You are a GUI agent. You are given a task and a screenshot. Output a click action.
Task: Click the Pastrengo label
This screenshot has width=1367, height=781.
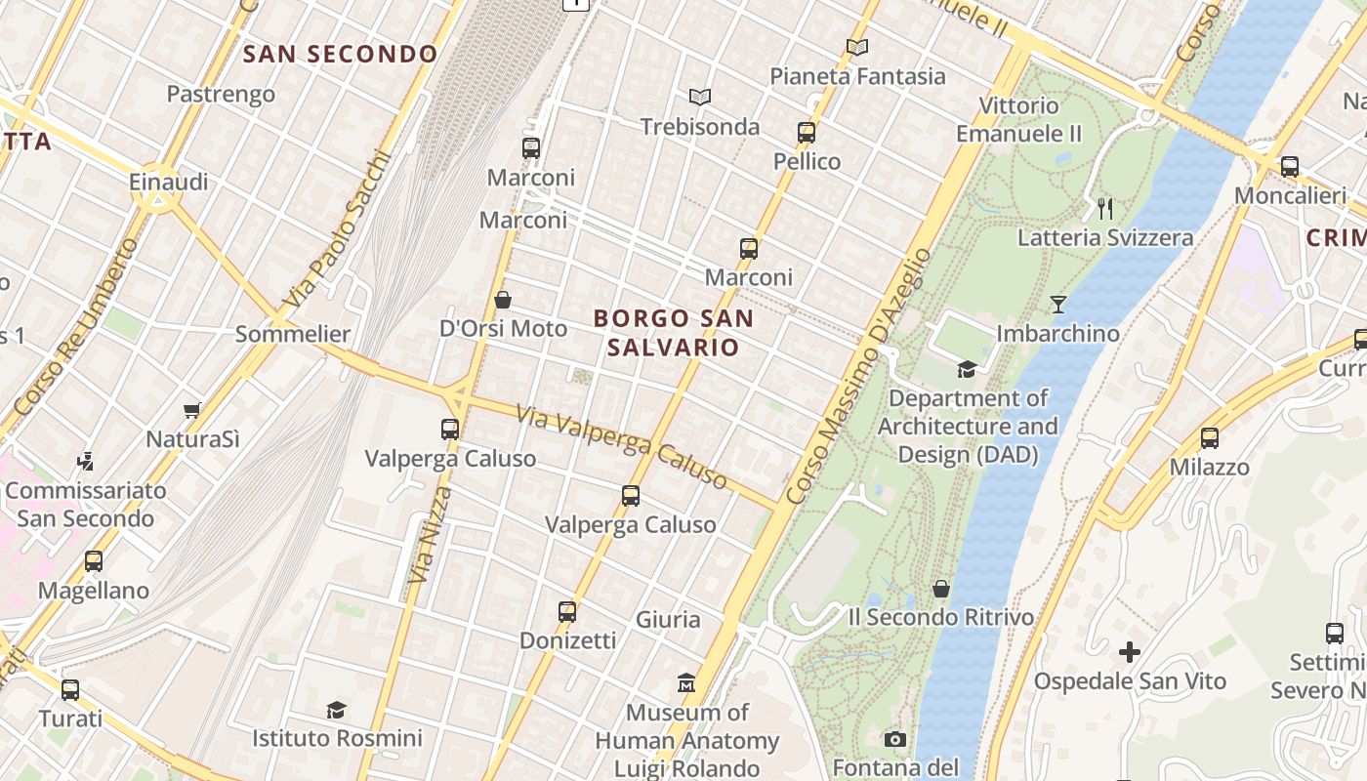(221, 95)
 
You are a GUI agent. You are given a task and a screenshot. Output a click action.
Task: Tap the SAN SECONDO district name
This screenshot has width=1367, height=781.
(340, 54)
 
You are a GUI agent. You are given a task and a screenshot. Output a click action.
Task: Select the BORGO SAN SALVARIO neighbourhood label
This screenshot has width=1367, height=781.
(673, 332)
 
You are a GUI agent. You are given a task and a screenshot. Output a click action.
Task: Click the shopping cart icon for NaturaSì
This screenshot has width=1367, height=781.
(192, 411)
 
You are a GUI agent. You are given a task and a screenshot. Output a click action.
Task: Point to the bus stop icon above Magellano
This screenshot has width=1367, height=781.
(94, 561)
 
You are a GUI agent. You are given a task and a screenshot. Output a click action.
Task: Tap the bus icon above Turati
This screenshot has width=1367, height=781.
(70, 690)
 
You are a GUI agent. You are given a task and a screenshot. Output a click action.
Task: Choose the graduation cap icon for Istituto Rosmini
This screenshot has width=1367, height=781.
(337, 710)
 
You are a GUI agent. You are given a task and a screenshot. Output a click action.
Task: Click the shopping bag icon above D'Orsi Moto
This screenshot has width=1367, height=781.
(503, 299)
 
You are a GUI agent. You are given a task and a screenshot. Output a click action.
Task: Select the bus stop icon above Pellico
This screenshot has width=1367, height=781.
(807, 133)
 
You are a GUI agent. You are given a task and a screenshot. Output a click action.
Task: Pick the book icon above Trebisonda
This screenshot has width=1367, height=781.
(700, 97)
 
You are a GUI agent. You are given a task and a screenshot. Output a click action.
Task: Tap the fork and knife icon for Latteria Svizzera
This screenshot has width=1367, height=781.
(1105, 208)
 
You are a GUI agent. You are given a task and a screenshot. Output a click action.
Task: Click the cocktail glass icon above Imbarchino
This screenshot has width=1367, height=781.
(1058, 304)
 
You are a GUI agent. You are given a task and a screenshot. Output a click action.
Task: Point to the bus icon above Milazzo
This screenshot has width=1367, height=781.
(1210, 438)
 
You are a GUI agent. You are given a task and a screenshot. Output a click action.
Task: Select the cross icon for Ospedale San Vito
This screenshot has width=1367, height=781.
(1130, 651)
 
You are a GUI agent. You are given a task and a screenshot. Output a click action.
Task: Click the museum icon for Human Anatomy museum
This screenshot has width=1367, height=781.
(686, 682)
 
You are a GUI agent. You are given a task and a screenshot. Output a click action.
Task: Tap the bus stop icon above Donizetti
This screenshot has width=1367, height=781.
(567, 612)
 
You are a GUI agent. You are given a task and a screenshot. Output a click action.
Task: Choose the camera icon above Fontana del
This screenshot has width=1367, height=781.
(894, 739)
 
